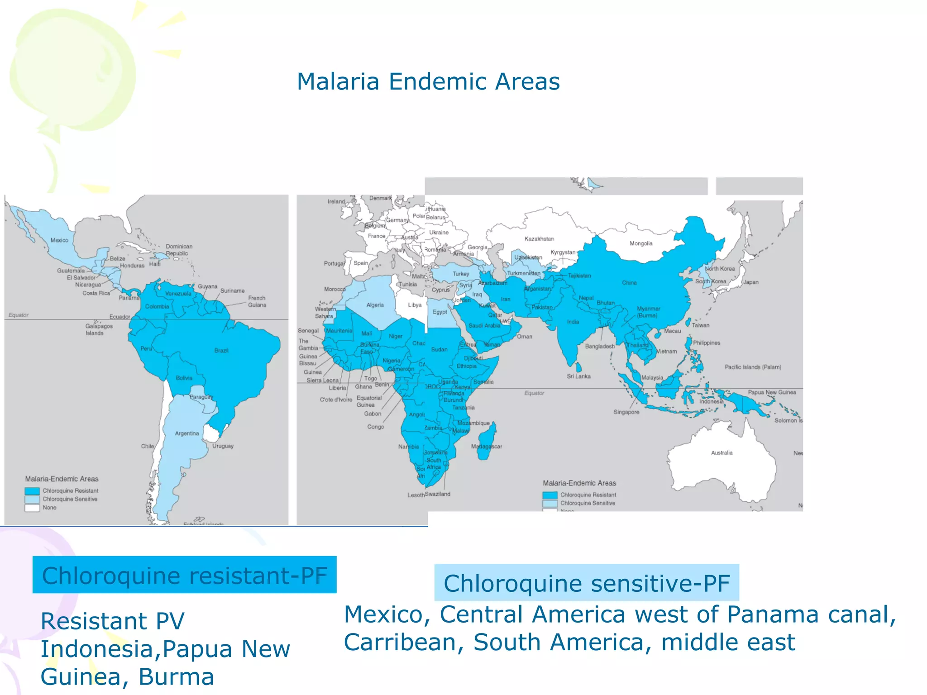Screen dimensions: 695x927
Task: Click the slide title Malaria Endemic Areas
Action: click(x=428, y=82)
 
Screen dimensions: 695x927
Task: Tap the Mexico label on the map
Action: click(x=59, y=240)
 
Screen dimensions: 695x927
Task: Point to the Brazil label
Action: click(x=221, y=351)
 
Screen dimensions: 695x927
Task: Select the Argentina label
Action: click(x=187, y=433)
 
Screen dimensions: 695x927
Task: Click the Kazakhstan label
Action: click(x=539, y=239)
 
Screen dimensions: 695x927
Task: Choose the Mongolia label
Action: click(x=641, y=243)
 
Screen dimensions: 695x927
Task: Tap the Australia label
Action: click(x=722, y=453)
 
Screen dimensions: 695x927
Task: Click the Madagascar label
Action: click(x=487, y=447)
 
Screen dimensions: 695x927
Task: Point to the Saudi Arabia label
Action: click(x=484, y=326)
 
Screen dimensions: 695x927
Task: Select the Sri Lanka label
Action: click(x=578, y=376)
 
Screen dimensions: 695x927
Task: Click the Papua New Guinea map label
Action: click(x=772, y=392)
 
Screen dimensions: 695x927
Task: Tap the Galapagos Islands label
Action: click(x=99, y=329)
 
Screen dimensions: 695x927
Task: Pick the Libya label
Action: click(x=415, y=305)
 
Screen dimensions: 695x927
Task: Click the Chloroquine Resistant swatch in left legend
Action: click(x=32, y=491)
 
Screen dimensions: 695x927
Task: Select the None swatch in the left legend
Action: click(x=32, y=508)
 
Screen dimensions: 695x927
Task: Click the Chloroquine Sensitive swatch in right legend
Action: click(x=550, y=503)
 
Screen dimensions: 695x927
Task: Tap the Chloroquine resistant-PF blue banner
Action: click(x=184, y=575)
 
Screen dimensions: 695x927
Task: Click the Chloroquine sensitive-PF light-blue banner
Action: click(x=586, y=583)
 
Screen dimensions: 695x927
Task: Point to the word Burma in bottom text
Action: click(x=176, y=677)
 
